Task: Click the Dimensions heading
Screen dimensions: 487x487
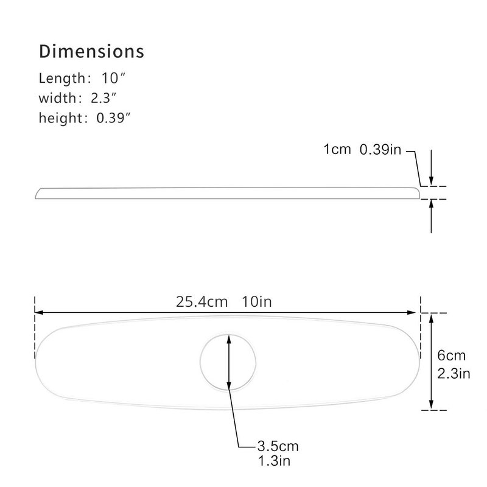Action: pyautogui.click(x=92, y=51)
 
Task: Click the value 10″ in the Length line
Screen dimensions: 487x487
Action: pyautogui.click(x=113, y=78)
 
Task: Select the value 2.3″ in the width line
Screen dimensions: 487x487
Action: pyautogui.click(x=103, y=98)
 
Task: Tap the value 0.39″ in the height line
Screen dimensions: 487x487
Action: pyautogui.click(x=113, y=118)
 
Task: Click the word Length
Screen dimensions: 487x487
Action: pyautogui.click(x=62, y=79)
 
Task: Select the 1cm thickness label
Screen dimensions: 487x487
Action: pyautogui.click(x=337, y=149)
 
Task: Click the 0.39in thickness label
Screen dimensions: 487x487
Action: pyautogui.click(x=380, y=149)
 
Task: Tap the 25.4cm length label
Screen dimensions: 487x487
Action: pyautogui.click(x=202, y=302)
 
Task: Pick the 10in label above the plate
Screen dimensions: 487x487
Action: pyautogui.click(x=257, y=302)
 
